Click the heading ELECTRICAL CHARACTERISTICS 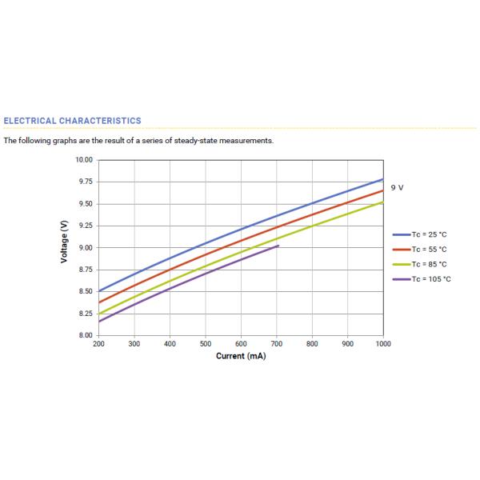point(72,121)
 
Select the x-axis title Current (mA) point(241,356)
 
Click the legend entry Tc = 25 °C point(429,234)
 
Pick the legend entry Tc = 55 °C point(429,249)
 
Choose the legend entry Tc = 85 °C point(429,264)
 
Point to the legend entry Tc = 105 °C point(430,278)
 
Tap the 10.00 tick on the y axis point(84,160)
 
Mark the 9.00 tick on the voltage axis point(86,248)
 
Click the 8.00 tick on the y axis point(86,335)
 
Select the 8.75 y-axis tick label point(86,270)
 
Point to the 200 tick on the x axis point(98,343)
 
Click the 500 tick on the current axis point(206,343)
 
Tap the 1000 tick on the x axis point(383,343)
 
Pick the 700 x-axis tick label point(277,343)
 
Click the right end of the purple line point(278,246)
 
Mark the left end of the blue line point(98,291)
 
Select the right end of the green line point(383,202)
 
